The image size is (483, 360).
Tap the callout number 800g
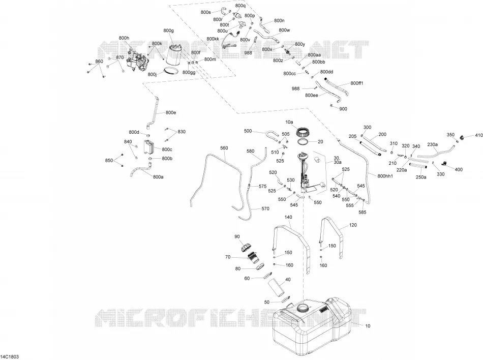[x=168, y=31]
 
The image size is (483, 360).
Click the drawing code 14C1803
[x=10, y=356]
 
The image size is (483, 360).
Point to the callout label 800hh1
[x=385, y=176]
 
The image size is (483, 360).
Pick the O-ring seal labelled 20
[x=304, y=142]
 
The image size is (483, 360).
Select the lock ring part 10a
[x=302, y=133]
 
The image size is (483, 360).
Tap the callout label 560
[x=224, y=148]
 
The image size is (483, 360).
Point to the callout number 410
[x=479, y=135]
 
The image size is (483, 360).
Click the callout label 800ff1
[x=357, y=83]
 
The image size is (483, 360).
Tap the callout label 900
[x=343, y=109]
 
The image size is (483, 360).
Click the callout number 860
[x=99, y=62]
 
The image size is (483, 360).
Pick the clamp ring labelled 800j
[x=171, y=71]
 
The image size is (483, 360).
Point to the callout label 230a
[x=433, y=144]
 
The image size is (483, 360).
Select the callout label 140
[x=288, y=217]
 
